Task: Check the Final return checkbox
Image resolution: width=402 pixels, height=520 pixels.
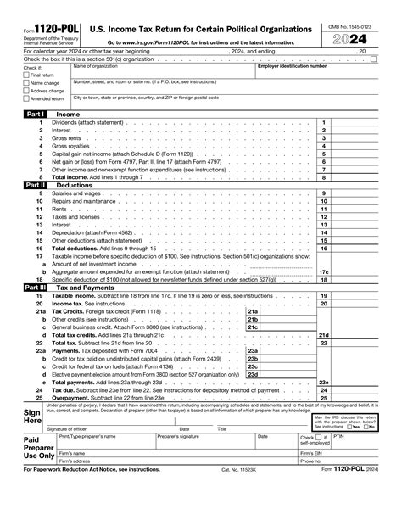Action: coord(25,75)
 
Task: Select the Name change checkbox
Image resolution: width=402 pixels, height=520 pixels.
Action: coord(25,83)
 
